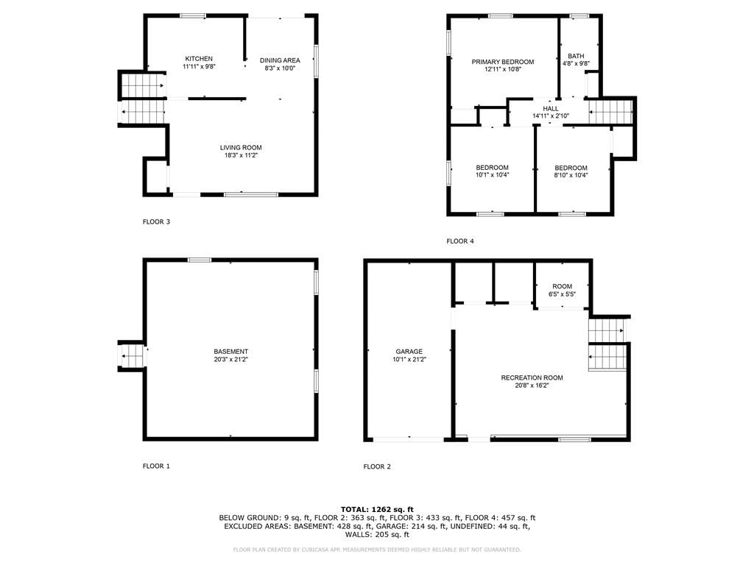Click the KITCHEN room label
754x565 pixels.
(x=199, y=59)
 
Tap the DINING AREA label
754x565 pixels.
(x=280, y=60)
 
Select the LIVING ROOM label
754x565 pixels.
(x=241, y=147)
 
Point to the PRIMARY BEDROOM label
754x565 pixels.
(x=502, y=62)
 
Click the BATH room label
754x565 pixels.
(x=576, y=56)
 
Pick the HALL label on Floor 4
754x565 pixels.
(x=551, y=109)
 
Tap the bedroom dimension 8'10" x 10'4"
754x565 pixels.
(x=571, y=175)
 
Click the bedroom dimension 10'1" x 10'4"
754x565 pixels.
(x=493, y=175)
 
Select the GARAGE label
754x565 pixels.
(x=409, y=352)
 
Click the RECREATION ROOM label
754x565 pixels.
(x=532, y=377)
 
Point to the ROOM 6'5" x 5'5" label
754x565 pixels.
(x=562, y=290)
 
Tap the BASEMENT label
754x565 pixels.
(x=230, y=352)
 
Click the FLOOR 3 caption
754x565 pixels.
(x=156, y=222)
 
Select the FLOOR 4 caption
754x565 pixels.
(x=460, y=241)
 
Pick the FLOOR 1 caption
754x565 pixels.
(x=156, y=466)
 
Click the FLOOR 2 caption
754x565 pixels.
(x=377, y=466)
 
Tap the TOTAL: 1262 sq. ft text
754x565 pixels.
(x=377, y=509)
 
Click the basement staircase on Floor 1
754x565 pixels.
(x=132, y=356)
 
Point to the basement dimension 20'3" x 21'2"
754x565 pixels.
(x=230, y=359)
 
